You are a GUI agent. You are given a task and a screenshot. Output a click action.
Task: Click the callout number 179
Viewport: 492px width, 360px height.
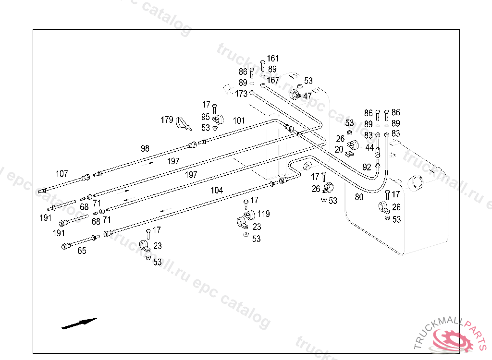click(167, 120)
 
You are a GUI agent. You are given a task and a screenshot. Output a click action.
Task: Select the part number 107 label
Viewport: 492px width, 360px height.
click(62, 174)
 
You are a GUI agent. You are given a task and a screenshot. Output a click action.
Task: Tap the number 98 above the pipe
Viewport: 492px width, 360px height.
click(145, 148)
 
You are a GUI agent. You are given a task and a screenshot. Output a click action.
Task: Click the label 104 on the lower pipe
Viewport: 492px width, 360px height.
click(217, 190)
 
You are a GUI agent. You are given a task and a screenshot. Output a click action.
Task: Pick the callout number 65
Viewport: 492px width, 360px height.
click(82, 251)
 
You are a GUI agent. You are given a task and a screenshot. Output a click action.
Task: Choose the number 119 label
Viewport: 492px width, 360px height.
click(264, 214)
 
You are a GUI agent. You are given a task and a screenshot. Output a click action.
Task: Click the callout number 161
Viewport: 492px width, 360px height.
click(273, 59)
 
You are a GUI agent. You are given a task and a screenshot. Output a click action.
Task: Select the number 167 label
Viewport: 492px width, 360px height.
click(273, 80)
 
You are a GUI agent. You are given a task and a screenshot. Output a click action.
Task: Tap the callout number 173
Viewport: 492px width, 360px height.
click(241, 94)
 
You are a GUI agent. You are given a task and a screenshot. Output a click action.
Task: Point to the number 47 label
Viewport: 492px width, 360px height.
click(307, 96)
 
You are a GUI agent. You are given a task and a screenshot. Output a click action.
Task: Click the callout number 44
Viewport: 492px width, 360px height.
click(369, 148)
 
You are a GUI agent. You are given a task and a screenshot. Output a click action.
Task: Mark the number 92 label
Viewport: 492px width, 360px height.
click(367, 168)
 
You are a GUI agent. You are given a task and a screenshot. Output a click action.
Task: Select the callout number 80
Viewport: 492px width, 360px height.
click(359, 196)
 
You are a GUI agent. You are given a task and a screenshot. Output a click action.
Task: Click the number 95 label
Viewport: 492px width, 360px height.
click(205, 117)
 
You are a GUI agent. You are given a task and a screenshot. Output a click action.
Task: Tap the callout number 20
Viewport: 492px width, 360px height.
click(339, 149)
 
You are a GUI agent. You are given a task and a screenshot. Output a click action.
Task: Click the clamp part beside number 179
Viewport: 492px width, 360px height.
click(183, 123)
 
